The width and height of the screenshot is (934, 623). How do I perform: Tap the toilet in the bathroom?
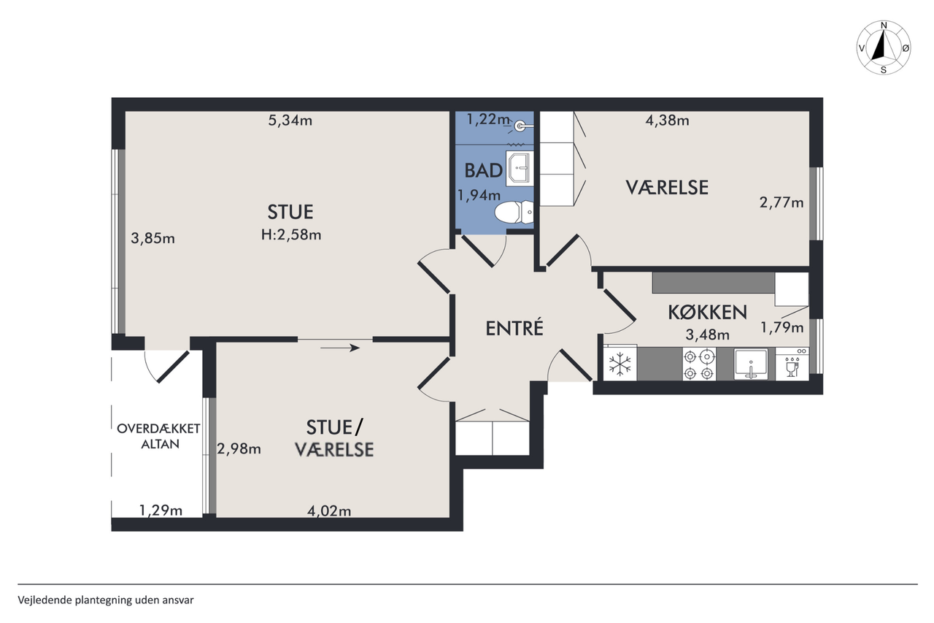click(513, 213)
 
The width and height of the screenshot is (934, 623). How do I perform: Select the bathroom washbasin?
click(520, 168)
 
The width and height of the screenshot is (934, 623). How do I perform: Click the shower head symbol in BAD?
click(520, 126)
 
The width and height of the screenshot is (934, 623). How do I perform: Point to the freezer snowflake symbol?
click(620, 364)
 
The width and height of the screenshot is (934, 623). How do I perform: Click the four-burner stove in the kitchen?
click(699, 364)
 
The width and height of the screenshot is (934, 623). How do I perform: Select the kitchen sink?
click(751, 364)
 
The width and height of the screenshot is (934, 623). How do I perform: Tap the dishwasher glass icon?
click(792, 367)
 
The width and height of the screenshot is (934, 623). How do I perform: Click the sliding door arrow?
click(340, 348)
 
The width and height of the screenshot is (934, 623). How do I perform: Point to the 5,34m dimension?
click(290, 121)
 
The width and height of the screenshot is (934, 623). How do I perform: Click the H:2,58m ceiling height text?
click(291, 235)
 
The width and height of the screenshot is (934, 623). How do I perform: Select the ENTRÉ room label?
click(514, 329)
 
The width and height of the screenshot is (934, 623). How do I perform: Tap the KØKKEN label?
click(707, 312)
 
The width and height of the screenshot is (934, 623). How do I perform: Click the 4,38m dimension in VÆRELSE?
click(667, 121)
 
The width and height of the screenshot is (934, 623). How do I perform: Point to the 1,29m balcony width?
click(161, 511)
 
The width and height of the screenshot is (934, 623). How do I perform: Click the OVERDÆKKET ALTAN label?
click(159, 436)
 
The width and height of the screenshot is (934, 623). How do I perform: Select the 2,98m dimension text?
click(239, 448)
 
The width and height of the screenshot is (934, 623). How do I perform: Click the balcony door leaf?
click(173, 367)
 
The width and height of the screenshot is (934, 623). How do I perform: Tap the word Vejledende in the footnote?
click(45, 600)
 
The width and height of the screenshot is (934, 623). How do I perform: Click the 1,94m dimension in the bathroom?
click(479, 195)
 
